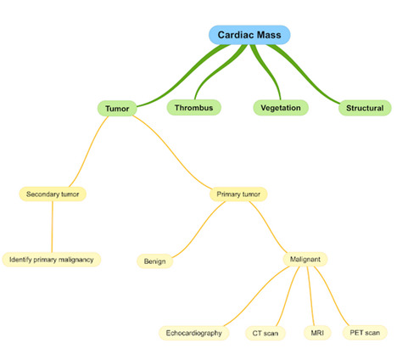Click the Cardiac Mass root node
249,34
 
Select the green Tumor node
117,109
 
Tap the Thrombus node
194,108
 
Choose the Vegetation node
281,108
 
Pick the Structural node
365,108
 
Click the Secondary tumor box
53,194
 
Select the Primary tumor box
238,194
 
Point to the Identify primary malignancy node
51,258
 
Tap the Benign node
154,261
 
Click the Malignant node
304,259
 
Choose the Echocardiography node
194,333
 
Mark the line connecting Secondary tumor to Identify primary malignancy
53,226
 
